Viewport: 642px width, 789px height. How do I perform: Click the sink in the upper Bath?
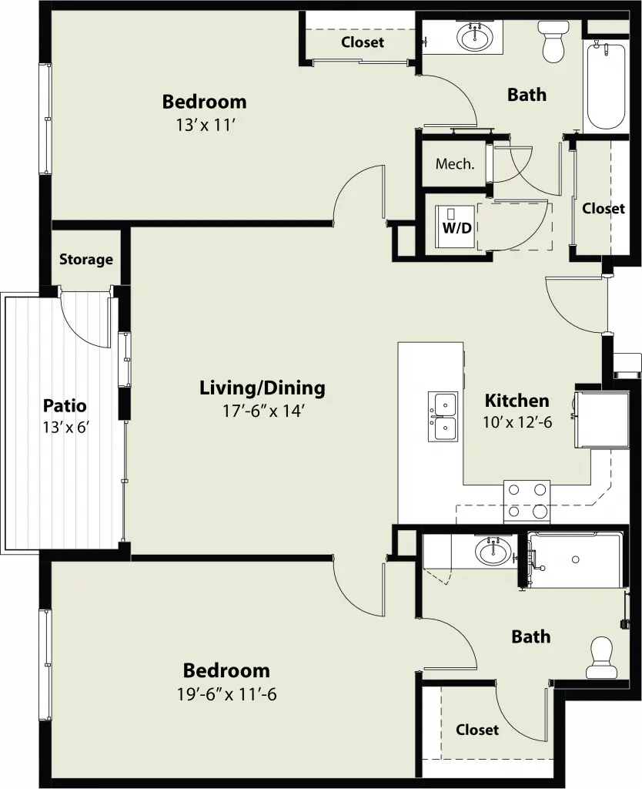[475, 37]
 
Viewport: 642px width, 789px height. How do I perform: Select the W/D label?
[457, 228]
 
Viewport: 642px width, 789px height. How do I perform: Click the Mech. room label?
[455, 163]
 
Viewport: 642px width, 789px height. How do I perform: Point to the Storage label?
[86, 260]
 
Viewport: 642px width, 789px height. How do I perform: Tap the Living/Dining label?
[262, 388]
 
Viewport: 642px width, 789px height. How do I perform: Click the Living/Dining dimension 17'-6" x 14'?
[264, 411]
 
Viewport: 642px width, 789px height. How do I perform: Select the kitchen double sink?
[443, 417]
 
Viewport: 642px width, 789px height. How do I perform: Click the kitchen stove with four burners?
[527, 502]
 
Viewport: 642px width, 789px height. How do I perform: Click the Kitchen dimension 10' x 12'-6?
[517, 422]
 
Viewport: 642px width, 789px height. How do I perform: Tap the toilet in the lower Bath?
[600, 657]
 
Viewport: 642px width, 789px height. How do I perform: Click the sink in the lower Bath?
[493, 552]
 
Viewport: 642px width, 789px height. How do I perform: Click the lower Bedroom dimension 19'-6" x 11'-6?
[227, 695]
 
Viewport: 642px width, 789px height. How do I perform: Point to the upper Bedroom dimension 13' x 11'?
[206, 126]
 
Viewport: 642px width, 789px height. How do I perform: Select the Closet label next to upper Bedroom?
[363, 42]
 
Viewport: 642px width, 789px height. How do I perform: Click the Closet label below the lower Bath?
[477, 730]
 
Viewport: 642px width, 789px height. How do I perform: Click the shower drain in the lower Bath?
[576, 559]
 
